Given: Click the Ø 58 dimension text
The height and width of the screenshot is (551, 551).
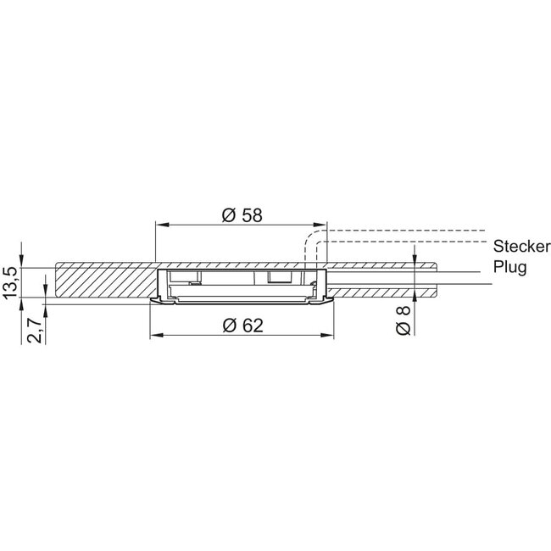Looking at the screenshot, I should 241,215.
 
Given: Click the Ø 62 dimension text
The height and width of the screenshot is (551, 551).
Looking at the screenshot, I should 241,326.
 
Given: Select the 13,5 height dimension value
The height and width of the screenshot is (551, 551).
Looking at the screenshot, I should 12,281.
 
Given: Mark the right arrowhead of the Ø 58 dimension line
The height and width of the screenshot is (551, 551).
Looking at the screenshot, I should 320,225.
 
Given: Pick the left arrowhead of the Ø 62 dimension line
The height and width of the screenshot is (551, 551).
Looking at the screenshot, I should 155,336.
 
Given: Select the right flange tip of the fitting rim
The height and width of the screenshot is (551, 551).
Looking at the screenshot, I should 331,299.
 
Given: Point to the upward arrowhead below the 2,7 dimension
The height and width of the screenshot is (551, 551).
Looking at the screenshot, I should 45,306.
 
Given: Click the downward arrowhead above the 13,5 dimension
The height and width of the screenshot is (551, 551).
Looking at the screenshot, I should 25,259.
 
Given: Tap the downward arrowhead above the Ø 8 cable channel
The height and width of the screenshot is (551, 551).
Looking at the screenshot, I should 415,259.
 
